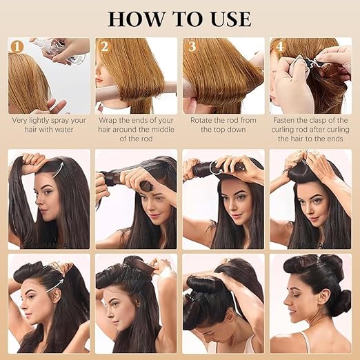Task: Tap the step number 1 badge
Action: [x=17, y=47]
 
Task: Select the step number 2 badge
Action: [x=105, y=46]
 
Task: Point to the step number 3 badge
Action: [x=192, y=46]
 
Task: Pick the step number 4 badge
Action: [x=279, y=46]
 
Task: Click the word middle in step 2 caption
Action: [x=161, y=130]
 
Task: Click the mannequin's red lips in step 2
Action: [x=99, y=80]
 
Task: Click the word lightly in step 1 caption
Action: [x=37, y=121]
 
